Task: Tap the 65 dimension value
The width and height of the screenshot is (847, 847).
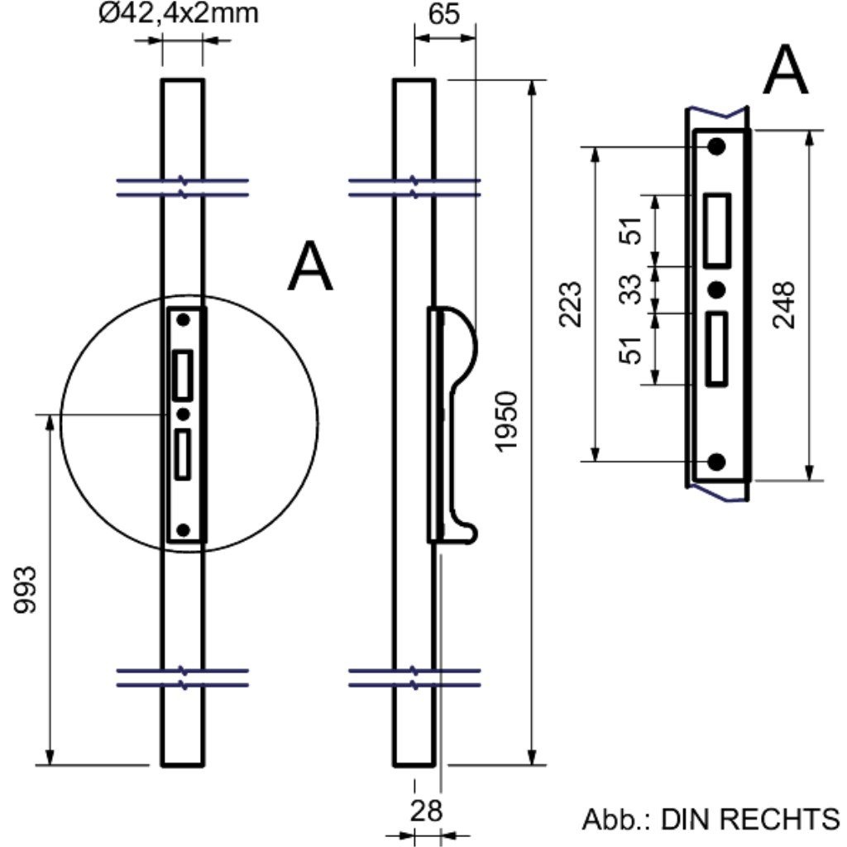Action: coord(446,17)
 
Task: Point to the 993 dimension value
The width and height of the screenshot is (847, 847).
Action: coord(26,590)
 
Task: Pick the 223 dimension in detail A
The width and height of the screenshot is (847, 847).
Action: coord(572,304)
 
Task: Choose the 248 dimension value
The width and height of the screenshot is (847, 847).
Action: coord(783,305)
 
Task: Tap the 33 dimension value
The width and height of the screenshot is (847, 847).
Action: coord(631,290)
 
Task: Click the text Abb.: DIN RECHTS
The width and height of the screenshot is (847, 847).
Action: coord(711,819)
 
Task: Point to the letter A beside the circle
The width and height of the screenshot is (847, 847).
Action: coord(310,267)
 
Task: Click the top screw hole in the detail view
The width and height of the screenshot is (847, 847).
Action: coord(716,146)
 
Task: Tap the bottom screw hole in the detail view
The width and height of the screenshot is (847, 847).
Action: coord(717,462)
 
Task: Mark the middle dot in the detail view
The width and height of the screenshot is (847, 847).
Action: coord(717,290)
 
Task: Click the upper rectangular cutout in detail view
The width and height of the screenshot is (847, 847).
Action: coord(717,231)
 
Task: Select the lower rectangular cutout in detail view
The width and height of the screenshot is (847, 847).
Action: coord(717,348)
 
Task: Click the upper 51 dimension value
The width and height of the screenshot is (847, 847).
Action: coord(631,231)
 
